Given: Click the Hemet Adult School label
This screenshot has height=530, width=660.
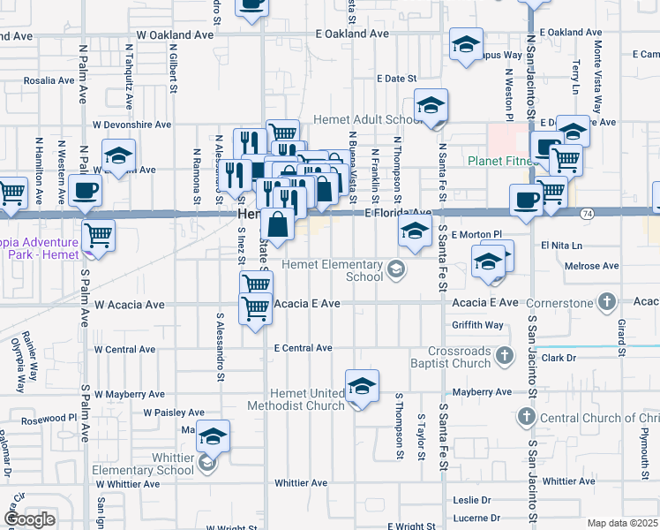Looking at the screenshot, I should (367, 119).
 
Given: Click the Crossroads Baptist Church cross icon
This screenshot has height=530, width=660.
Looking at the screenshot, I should (504, 356).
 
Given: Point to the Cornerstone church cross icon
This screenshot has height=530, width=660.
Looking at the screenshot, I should (606, 303).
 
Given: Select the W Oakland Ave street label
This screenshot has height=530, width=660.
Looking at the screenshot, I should (175, 34).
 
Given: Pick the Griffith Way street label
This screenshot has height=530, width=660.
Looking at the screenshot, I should (477, 325).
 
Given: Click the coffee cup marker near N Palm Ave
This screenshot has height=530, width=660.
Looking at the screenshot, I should (86, 190).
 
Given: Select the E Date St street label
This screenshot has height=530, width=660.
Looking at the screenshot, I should (394, 79).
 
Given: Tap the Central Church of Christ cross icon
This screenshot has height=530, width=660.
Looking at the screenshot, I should (527, 416).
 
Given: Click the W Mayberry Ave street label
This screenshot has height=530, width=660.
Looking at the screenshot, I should (130, 394).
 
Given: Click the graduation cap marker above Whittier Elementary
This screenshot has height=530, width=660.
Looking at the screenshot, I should (213, 436).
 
